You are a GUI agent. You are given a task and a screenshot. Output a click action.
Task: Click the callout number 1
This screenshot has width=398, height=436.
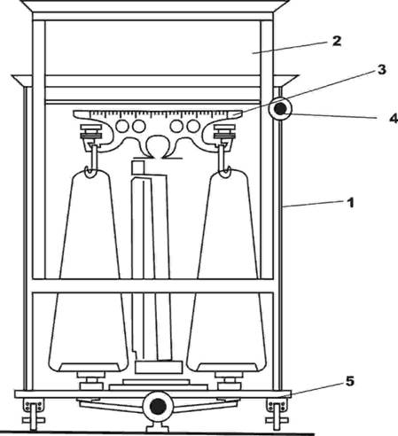(350, 203)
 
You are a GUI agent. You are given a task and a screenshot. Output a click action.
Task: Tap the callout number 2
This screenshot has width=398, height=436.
(337, 41)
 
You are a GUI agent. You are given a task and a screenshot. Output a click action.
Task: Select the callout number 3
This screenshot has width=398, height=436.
(382, 70)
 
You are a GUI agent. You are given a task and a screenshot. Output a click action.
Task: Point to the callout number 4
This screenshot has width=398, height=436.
(394, 119)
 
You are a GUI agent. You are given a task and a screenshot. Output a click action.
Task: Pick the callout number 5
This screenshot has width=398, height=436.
(350, 381)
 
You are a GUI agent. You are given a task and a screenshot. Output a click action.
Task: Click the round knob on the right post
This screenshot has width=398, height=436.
(280, 109)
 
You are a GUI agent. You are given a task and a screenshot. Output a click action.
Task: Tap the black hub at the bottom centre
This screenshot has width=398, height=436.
(158, 407)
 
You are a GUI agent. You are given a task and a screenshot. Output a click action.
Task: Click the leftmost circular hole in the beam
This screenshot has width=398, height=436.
(122, 127)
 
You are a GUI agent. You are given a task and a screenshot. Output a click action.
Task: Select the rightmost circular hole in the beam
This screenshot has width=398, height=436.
(193, 127)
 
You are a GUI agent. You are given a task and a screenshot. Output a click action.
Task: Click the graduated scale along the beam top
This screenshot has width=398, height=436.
(158, 113)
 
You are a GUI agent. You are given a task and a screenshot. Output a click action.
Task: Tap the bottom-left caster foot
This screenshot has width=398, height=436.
(34, 414)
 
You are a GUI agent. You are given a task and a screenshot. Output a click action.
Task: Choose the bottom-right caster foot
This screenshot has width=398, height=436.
(277, 414)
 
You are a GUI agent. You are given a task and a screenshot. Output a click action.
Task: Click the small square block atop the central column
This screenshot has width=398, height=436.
(138, 167)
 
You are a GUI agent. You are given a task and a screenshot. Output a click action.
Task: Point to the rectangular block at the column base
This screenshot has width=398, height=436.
(158, 367)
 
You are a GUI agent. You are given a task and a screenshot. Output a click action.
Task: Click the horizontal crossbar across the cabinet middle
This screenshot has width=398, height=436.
(153, 285)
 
